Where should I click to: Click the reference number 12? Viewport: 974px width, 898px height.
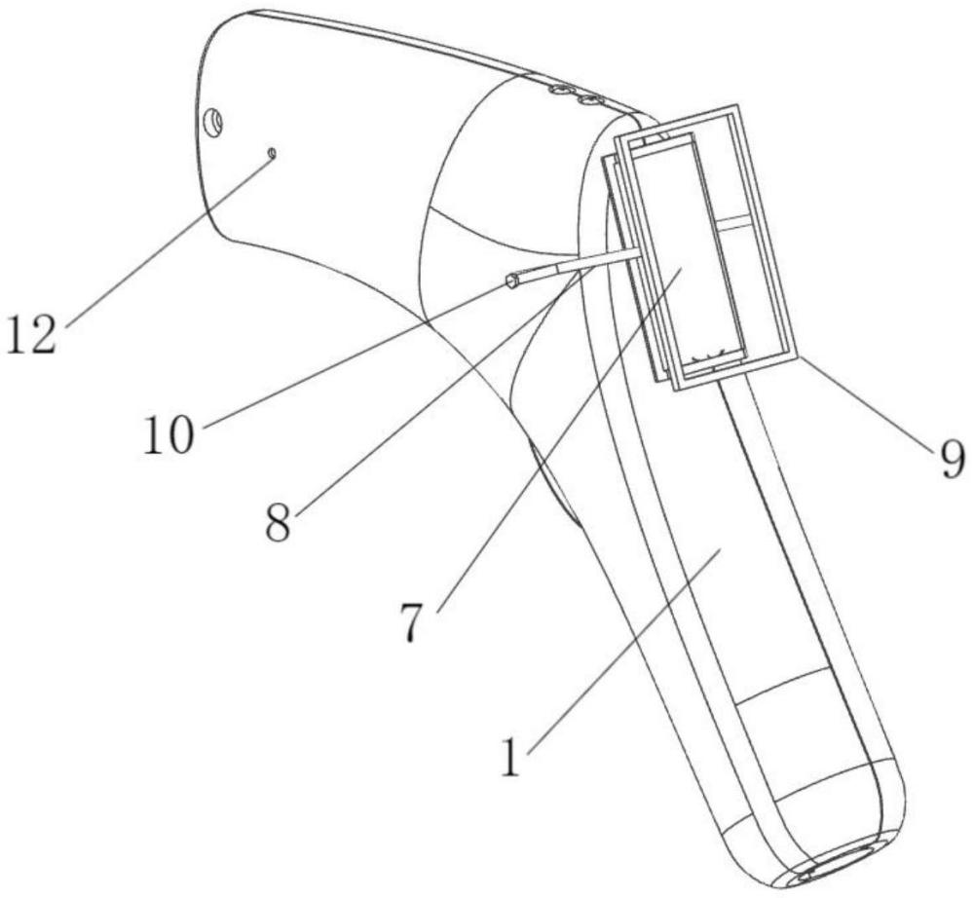[32, 333]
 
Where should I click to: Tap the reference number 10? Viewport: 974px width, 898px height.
[169, 434]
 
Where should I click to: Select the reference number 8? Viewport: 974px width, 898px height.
[278, 522]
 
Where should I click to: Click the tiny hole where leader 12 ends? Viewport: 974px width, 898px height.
[272, 152]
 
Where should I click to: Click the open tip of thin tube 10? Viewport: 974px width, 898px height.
[512, 281]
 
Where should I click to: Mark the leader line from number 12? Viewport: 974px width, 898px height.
[168, 238]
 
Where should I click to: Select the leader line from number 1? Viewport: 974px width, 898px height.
[623, 651]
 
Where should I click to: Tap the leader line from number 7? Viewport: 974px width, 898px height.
[560, 439]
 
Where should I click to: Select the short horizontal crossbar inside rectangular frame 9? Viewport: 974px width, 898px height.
[738, 221]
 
